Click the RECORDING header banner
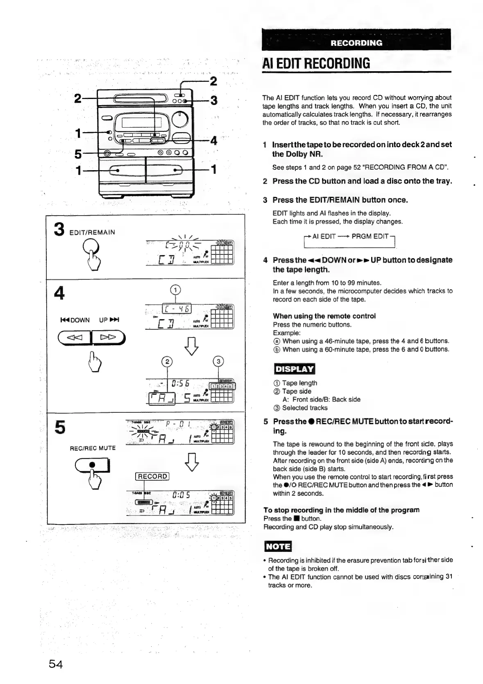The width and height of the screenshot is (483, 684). click(356, 42)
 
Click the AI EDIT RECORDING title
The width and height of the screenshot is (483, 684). click(316, 63)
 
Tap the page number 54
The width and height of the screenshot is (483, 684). click(56, 664)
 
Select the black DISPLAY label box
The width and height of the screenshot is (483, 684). click(295, 369)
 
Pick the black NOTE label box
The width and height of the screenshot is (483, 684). click(279, 546)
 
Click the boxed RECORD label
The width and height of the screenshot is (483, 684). click(152, 476)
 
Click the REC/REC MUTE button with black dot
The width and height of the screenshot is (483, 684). click(93, 464)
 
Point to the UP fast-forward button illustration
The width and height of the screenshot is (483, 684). click(107, 337)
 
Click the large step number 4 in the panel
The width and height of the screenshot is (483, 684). click(59, 292)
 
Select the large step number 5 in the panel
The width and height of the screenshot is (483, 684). click(60, 427)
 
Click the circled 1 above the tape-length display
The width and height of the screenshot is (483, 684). click(175, 290)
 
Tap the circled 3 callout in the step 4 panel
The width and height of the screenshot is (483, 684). click(219, 361)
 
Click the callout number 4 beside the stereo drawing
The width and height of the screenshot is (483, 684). click(213, 140)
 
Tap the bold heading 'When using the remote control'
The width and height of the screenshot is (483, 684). click(324, 316)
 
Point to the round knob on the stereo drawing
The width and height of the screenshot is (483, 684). click(179, 119)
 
